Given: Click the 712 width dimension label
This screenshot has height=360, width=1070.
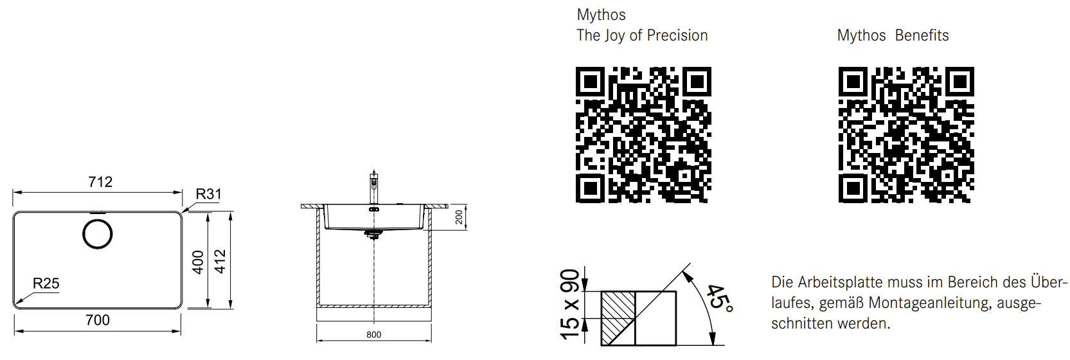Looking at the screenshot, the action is [100, 182].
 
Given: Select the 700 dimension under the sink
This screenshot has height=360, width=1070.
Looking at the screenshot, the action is [98, 320].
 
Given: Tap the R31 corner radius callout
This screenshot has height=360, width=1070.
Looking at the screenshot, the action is [209, 194].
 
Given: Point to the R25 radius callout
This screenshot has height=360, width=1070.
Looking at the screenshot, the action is [46, 283].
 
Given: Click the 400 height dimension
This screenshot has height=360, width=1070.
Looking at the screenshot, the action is [198, 262].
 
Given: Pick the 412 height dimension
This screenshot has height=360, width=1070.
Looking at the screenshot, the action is [220, 261].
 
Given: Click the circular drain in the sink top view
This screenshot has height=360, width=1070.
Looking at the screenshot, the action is [98, 234].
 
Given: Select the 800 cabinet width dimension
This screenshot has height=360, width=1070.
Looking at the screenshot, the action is [373, 335].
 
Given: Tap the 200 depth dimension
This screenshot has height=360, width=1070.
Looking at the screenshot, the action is [459, 217].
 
